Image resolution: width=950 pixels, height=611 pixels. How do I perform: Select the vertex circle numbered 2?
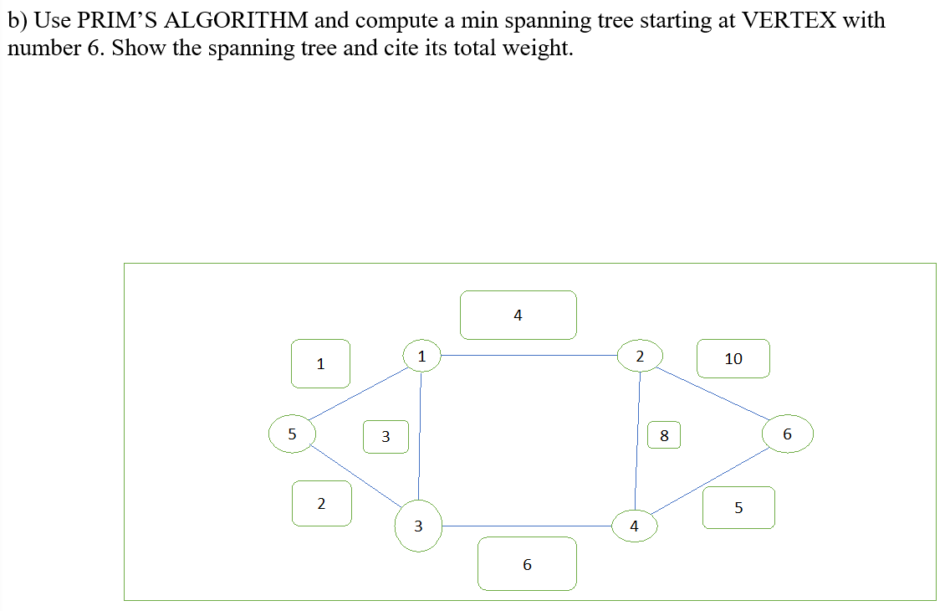click(x=640, y=356)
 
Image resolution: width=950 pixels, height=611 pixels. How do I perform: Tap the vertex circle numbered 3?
click(x=418, y=526)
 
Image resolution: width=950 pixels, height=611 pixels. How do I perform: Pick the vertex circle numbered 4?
click(x=634, y=526)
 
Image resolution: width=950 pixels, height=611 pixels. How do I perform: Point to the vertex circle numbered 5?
click(x=292, y=434)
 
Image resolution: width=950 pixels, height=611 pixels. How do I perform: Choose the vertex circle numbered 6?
click(x=787, y=434)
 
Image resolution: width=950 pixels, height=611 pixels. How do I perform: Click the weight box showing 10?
click(x=733, y=358)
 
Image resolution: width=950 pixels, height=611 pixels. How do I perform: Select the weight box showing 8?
click(x=664, y=435)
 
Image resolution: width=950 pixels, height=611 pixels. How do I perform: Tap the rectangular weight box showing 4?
click(x=518, y=315)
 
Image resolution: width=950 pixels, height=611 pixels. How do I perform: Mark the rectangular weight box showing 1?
click(x=320, y=363)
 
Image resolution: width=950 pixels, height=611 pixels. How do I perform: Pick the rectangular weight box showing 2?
click(x=321, y=503)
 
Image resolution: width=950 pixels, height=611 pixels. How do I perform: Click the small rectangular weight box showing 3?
click(x=386, y=436)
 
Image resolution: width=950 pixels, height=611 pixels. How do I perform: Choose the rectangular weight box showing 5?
click(x=738, y=507)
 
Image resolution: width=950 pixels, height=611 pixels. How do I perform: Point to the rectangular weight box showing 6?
click(x=527, y=564)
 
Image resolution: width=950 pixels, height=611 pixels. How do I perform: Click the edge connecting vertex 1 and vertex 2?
click(x=530, y=356)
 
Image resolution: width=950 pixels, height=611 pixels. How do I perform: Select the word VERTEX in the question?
click(x=789, y=21)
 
